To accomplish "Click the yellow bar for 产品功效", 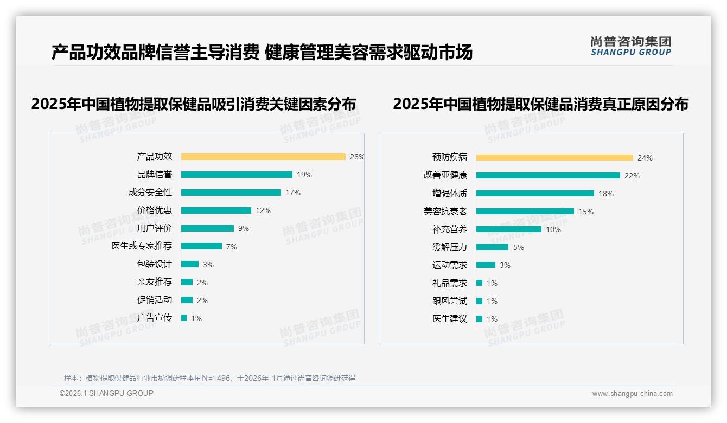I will [263, 157].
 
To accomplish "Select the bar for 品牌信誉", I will [237, 175].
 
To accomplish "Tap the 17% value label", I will [293, 193].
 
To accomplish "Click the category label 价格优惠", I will [155, 210].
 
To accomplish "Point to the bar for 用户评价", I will [207, 228].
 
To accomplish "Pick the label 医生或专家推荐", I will [142, 246].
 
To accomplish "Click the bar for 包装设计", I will [190, 264].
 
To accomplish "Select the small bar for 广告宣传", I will [184, 318].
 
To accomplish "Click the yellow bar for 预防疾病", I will [554, 157].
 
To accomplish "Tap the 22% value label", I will [632, 176].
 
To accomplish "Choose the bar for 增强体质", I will [535, 193].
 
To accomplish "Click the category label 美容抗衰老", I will [445, 211].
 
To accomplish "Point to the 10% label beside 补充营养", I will [553, 229].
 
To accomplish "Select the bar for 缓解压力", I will [492, 247].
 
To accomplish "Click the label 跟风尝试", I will [449, 300].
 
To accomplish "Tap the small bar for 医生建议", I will [479, 319].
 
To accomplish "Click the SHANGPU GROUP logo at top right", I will [631, 46].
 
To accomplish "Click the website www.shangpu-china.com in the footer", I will [632, 394].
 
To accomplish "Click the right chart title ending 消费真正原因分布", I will [540, 104].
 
